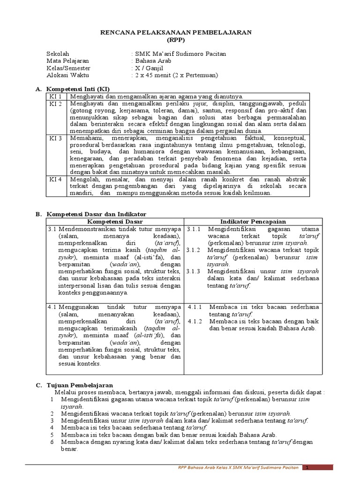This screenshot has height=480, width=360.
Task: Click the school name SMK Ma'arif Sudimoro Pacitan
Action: click(180, 53)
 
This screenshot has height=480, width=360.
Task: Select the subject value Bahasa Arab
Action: click(153, 61)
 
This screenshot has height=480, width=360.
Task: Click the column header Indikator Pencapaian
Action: click(253, 221)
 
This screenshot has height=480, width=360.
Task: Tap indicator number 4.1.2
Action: click(195, 321)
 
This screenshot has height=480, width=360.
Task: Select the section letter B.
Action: click(39, 214)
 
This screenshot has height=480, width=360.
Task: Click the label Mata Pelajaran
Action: click(67, 61)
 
